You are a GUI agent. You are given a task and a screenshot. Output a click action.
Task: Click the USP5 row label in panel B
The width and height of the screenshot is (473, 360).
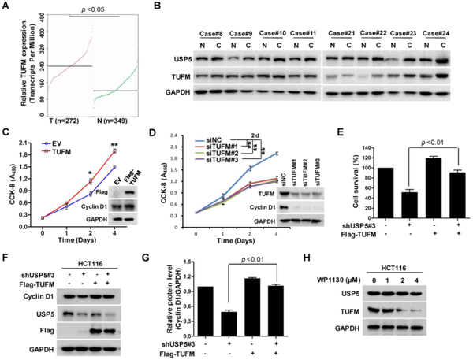(177, 59)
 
